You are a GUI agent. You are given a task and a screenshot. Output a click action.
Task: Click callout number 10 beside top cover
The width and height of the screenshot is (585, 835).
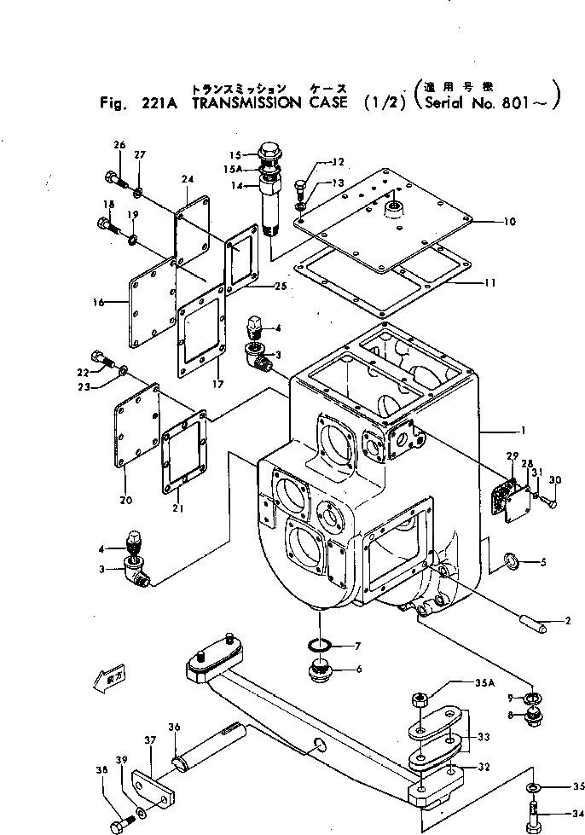(x=509, y=222)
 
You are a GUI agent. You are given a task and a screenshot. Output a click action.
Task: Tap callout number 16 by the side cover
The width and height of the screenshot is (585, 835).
(x=99, y=302)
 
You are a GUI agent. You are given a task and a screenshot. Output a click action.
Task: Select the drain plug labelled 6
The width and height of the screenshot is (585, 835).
(x=321, y=670)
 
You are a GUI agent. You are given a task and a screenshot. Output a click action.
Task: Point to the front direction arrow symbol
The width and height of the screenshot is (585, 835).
(x=99, y=679)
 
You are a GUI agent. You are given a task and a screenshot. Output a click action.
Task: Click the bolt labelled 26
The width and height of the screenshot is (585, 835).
(x=113, y=178)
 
